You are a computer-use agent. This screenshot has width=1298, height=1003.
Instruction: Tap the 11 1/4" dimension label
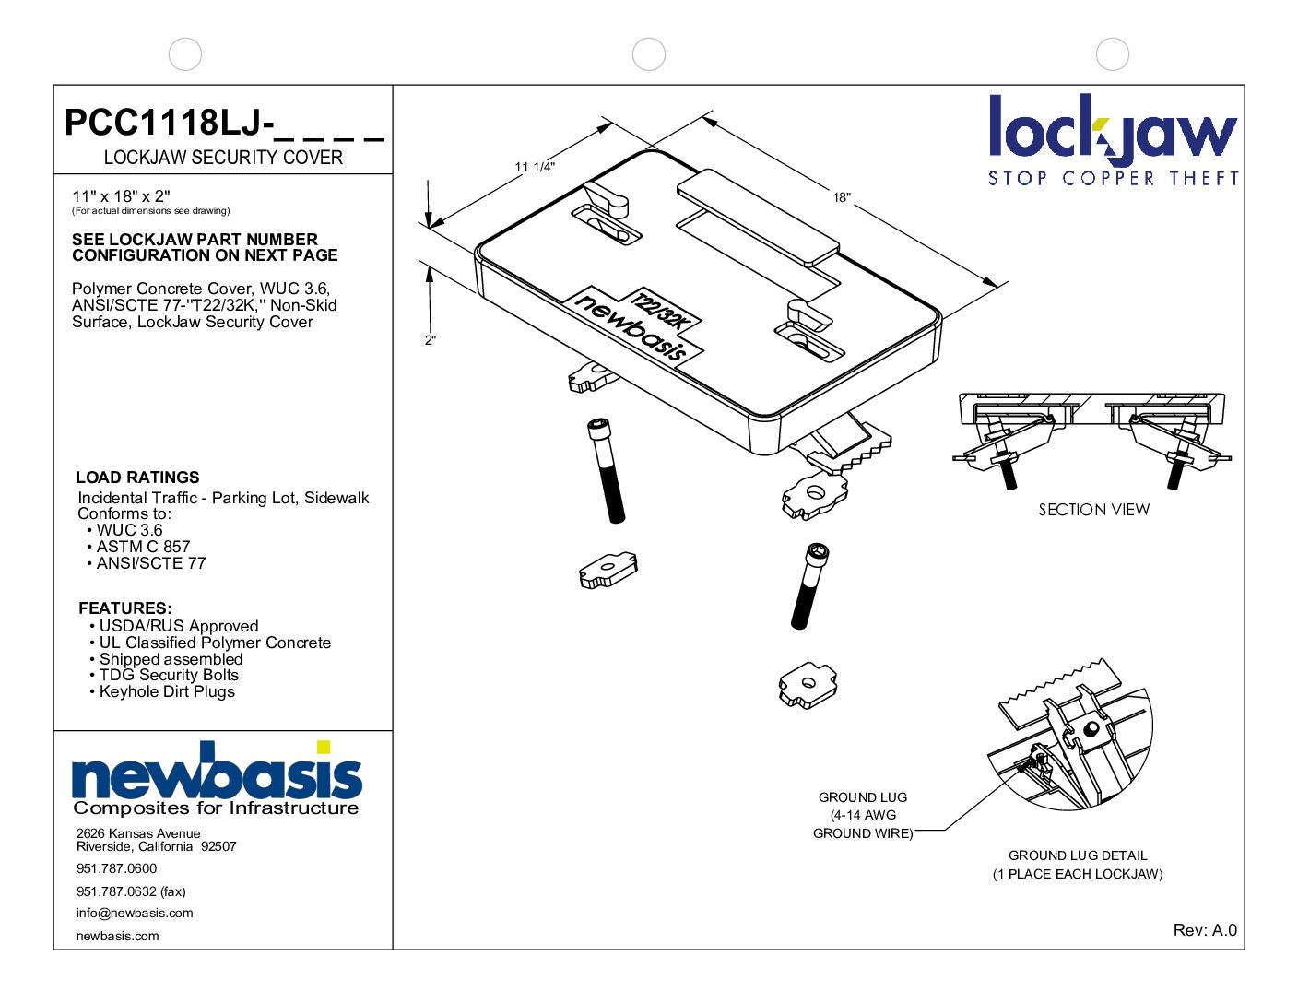tap(534, 167)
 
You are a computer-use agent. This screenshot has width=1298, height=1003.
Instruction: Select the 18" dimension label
tap(842, 197)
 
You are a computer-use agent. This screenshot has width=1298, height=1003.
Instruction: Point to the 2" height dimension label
tap(430, 340)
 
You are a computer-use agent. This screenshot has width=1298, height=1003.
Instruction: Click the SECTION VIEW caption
tap(1093, 510)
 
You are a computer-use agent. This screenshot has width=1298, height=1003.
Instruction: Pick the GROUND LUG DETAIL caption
tap(1077, 855)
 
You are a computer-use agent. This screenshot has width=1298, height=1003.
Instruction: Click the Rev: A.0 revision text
tap(1204, 930)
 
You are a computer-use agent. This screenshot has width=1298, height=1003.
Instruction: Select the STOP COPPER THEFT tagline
tap(1113, 178)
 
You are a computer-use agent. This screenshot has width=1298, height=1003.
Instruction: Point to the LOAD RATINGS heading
tap(137, 478)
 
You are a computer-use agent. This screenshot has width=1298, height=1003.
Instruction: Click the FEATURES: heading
tap(125, 608)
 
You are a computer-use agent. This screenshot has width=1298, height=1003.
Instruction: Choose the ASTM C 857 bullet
tap(143, 547)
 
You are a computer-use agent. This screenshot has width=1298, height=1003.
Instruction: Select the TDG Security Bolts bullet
tap(169, 675)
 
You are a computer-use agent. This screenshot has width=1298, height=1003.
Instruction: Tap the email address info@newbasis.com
tap(135, 914)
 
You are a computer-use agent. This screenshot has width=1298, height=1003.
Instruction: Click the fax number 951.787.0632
tap(131, 891)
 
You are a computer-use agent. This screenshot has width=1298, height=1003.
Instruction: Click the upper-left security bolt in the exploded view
tap(605, 469)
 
